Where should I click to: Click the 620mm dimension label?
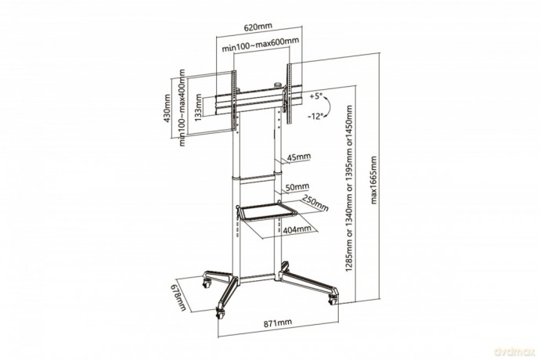tap(258, 27)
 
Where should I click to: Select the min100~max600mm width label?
tap(261, 45)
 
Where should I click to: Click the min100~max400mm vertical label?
tap(182, 107)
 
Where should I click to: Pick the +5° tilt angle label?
tap(315, 96)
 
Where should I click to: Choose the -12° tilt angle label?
tap(316, 116)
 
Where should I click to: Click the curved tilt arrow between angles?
tap(328, 106)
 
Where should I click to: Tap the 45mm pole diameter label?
tap(299, 157)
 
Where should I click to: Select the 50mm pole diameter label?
tap(297, 187)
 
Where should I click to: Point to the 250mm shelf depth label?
tap(315, 203)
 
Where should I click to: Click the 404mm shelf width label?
tap(297, 229)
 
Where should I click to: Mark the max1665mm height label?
tap(374, 180)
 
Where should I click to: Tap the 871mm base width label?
tap(278, 323)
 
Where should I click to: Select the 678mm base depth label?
tap(178, 297)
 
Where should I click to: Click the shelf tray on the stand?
tap(266, 213)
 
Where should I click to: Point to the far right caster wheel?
tap(333, 300)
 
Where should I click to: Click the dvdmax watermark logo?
tap(514, 351)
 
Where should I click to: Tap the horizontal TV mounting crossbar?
tap(258, 102)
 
